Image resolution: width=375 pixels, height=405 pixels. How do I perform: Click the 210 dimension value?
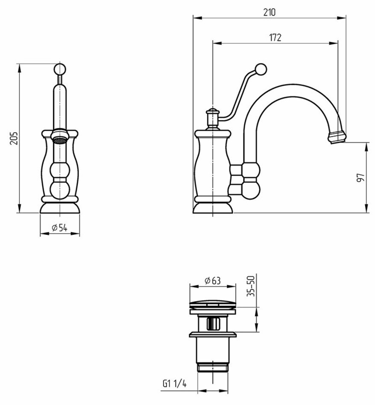click(x=270, y=12)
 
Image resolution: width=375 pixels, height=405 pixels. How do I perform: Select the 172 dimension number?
click(x=275, y=38)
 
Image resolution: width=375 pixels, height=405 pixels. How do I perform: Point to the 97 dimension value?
click(x=360, y=177)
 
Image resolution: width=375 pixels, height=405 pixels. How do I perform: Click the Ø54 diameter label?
click(x=59, y=228)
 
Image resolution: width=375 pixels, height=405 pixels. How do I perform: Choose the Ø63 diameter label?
click(x=213, y=280)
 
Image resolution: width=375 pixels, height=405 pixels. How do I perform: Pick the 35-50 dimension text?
click(x=251, y=286)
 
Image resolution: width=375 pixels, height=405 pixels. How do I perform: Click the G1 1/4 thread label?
click(x=174, y=384)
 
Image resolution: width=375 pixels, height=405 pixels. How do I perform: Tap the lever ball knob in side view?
click(x=261, y=69)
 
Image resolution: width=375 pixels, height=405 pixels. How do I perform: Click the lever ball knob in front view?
click(x=60, y=69)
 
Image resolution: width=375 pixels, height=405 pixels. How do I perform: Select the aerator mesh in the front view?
click(x=60, y=140)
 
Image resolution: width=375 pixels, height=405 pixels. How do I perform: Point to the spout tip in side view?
click(x=337, y=137)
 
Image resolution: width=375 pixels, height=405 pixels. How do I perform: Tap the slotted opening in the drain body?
click(x=213, y=324)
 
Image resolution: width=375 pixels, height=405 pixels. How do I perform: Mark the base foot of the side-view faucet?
click(x=213, y=208)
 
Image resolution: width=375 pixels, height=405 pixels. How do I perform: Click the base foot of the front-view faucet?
click(x=60, y=208)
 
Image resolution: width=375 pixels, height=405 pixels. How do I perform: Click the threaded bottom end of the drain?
click(x=213, y=368)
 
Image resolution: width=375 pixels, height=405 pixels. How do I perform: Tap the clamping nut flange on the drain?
click(x=213, y=335)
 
